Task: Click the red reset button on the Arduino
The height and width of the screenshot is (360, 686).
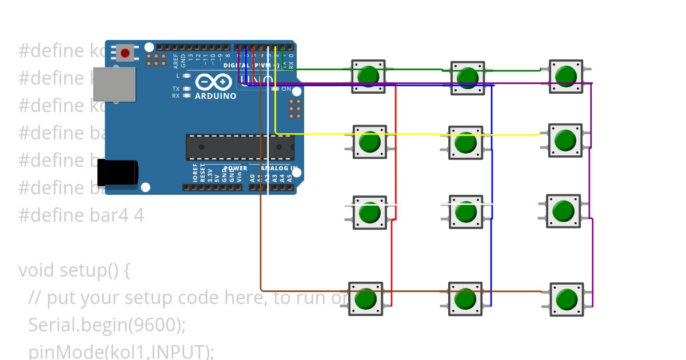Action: click(126, 53)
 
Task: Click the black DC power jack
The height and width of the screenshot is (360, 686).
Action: click(117, 173)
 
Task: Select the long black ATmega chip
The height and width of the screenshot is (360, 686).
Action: click(240, 147)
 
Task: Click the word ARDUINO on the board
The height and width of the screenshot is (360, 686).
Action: click(216, 96)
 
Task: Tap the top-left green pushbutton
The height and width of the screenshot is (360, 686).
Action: click(368, 76)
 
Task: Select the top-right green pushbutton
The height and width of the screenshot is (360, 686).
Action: click(566, 76)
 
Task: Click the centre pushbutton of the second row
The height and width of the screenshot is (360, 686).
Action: click(466, 142)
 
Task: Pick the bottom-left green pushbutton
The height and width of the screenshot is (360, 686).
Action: click(366, 298)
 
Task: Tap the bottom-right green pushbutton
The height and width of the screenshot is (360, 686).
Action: click(567, 299)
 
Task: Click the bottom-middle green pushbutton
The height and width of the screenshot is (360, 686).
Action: click(465, 298)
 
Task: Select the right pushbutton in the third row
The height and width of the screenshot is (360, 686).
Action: click(564, 211)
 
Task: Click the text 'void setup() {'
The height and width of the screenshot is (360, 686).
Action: click(74, 270)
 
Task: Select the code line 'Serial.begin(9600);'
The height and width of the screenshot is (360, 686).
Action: click(107, 325)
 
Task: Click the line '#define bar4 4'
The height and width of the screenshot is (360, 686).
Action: click(81, 215)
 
